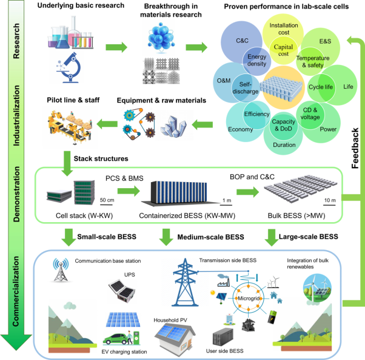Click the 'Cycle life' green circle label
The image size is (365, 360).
point(321,87)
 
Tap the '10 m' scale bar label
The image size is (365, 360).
point(329,200)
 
